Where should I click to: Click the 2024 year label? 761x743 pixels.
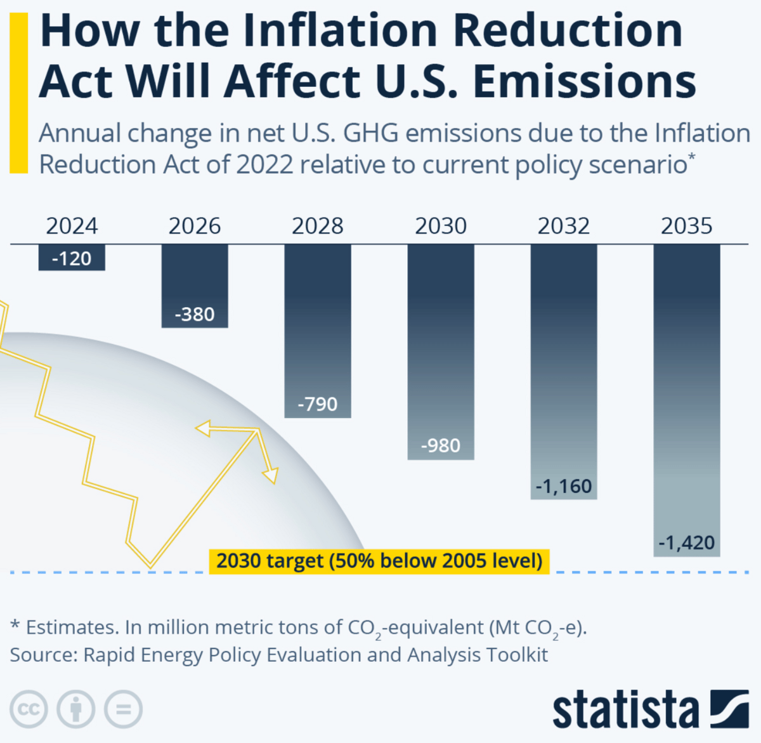(72, 226)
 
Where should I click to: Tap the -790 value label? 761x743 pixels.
(318, 404)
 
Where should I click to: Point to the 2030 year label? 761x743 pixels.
(441, 226)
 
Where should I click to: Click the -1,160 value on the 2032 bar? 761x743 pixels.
(564, 487)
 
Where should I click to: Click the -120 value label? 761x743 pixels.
(72, 259)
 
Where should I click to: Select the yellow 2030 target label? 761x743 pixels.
(379, 561)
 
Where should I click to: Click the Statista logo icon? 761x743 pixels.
(729, 708)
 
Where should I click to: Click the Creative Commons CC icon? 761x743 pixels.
(29, 709)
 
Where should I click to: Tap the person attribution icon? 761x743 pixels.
(76, 709)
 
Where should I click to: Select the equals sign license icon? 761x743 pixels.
(123, 709)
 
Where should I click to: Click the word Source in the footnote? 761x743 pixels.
(41, 655)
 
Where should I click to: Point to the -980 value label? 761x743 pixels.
(441, 446)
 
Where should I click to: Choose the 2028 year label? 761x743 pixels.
(318, 226)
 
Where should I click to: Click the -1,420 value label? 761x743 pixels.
(687, 543)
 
